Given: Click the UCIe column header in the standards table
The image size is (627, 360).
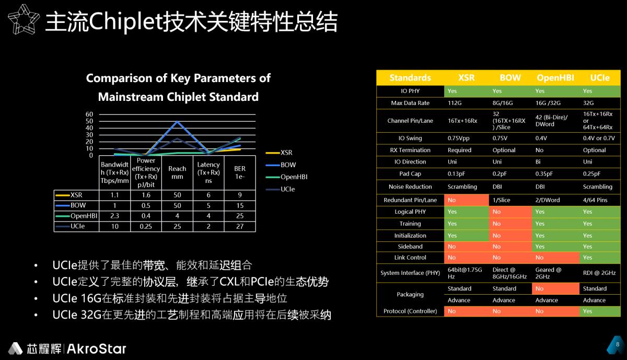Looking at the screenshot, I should coord(599,77).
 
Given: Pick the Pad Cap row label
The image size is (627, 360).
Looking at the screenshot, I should coord(410,173).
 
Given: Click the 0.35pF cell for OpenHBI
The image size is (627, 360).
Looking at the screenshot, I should coord(547,173).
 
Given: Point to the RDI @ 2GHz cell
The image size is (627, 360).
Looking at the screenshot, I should coord(599,273).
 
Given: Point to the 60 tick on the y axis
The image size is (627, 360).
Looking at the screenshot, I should coord(89,114).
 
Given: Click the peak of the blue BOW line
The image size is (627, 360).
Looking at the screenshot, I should coord(178,122).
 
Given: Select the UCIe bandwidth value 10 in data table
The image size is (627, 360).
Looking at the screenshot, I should coord(114,226).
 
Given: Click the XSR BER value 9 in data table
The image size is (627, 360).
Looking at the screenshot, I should coord(240,195).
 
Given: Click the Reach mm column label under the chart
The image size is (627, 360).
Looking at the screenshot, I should coord(178,172).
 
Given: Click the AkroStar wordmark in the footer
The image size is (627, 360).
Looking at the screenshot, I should coord(97,349).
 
